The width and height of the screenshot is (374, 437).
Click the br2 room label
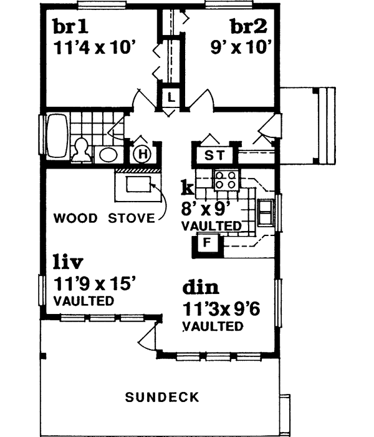pos(249,27)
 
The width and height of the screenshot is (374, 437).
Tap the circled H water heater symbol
pos(142,153)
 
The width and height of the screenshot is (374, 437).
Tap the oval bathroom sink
pos(107,154)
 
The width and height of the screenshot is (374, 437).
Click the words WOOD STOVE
pos(103,219)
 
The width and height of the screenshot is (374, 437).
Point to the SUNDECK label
pos(162,396)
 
